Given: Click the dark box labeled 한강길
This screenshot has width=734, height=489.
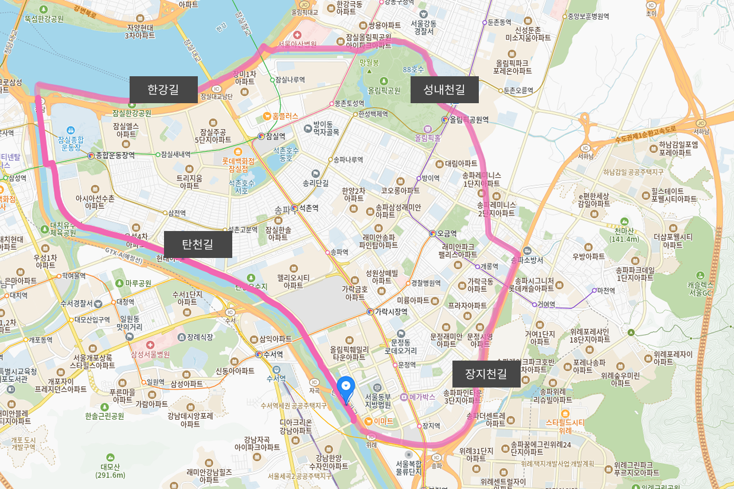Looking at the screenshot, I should pyautogui.click(x=163, y=89).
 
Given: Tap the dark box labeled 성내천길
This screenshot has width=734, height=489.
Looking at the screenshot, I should pyautogui.click(x=444, y=89).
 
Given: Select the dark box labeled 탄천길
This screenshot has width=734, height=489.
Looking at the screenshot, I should pyautogui.click(x=198, y=244).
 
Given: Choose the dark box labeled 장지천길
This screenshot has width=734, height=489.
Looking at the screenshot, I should pyautogui.click(x=486, y=374).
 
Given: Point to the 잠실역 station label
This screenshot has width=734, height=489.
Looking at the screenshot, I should pyautogui.click(x=275, y=136).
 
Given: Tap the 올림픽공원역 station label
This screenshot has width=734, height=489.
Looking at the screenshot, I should pyautogui.click(x=469, y=120).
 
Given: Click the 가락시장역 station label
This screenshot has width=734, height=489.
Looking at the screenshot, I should pyautogui.click(x=391, y=312).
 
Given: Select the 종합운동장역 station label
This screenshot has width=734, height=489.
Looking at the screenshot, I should pyautogui.click(x=115, y=155).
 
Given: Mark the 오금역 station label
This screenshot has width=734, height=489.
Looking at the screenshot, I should pyautogui.click(x=447, y=233).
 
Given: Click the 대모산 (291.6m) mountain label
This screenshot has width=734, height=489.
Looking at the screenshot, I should pyautogui.click(x=110, y=471).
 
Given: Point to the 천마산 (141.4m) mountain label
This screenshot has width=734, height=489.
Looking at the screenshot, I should pyautogui.click(x=624, y=235).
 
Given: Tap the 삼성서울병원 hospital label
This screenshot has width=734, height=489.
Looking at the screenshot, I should pyautogui.click(x=150, y=354).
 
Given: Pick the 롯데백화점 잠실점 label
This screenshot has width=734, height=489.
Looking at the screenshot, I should pyautogui.click(x=238, y=165).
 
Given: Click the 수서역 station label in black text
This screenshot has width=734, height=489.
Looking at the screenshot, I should pyautogui.click(x=274, y=355).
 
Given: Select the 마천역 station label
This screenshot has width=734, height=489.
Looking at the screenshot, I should pyautogui.click(x=606, y=291).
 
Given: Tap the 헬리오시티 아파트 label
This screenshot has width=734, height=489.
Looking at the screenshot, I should pyautogui.click(x=293, y=281).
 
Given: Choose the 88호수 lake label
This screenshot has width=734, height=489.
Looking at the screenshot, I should pyautogui.click(x=413, y=69).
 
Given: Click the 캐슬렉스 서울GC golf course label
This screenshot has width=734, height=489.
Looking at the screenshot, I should pyautogui.click(x=700, y=288).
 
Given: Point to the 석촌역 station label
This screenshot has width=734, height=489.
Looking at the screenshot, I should pyautogui.click(x=308, y=208).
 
